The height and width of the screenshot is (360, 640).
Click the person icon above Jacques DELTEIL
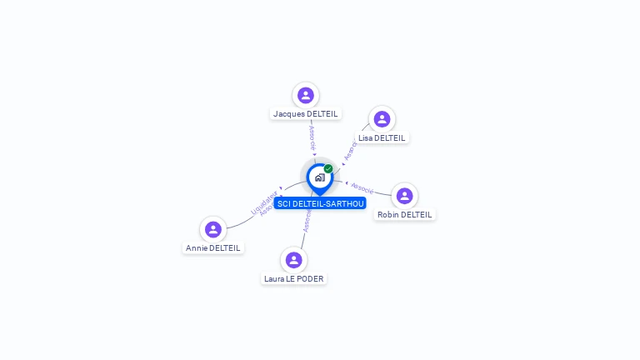[306, 95]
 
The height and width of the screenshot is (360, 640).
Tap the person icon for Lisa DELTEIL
[382, 119]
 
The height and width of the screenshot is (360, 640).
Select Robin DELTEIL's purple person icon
[404, 196]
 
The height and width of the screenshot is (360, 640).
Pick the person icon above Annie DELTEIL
[213, 229]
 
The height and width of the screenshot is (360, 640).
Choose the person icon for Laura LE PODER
[293, 260]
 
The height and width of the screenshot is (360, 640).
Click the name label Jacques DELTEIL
[306, 113]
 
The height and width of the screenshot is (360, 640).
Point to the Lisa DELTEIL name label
[382, 137]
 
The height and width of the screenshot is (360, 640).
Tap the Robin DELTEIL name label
[405, 214]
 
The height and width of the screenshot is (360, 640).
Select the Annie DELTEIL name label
[213, 247]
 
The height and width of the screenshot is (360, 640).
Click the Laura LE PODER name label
[293, 278]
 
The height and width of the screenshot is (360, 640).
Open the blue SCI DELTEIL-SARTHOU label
[320, 203]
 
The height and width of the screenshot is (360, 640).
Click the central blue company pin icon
[318, 177]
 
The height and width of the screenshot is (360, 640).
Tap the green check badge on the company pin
[328, 168]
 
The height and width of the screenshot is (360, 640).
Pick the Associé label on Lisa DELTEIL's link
[349, 150]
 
